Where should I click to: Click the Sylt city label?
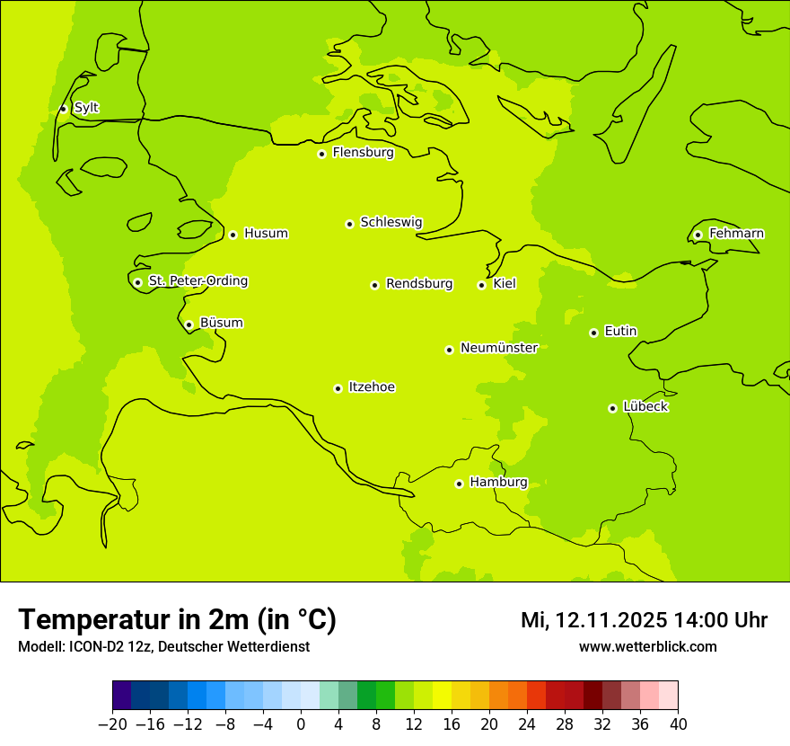pyautogui.click(x=86, y=108)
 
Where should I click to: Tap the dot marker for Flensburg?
pyautogui.click(x=321, y=154)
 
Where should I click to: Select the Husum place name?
pyautogui.click(x=266, y=234)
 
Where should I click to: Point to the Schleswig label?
pyautogui.click(x=391, y=222)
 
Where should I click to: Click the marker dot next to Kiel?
pyautogui.click(x=481, y=285)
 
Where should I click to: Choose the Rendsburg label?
pyautogui.click(x=419, y=284)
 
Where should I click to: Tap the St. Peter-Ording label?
pyautogui.click(x=197, y=281)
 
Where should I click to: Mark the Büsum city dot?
pyautogui.click(x=189, y=324)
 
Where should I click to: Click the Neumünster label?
pyautogui.click(x=498, y=348)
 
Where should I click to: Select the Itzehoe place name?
pyautogui.click(x=372, y=387)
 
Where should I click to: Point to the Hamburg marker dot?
pyautogui.click(x=459, y=484)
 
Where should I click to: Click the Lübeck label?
pyautogui.click(x=645, y=407)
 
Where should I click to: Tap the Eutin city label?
pyautogui.click(x=620, y=332)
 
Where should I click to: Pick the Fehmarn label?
pyautogui.click(x=736, y=234)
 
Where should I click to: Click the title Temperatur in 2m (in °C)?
pyautogui.click(x=177, y=620)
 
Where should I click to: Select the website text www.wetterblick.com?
pyautogui.click(x=647, y=646)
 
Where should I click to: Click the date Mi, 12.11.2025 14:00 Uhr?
pyautogui.click(x=644, y=620)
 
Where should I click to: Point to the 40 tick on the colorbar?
pyautogui.click(x=678, y=724)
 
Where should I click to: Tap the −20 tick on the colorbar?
pyautogui.click(x=112, y=724)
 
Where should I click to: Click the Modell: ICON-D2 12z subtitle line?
pyautogui.click(x=163, y=646)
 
